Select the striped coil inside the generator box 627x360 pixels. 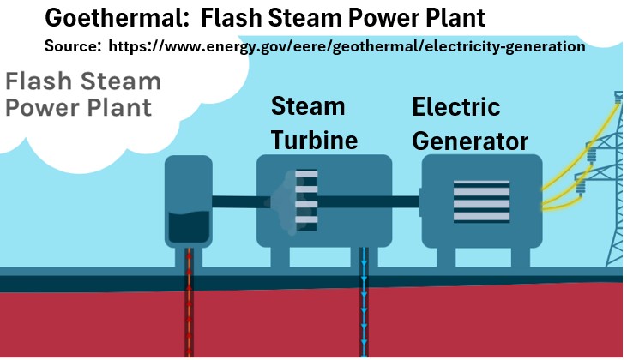coord(480,201)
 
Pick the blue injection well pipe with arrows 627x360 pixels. coord(365,309)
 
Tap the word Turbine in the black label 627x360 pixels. coord(313,139)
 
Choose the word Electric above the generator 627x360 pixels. coord(456,107)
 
